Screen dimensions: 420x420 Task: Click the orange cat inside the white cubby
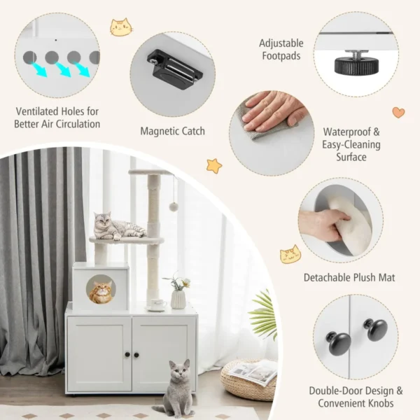click(x=101, y=290)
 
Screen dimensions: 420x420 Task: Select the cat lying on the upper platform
click(x=115, y=226)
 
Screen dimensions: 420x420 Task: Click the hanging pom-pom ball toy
click(x=173, y=206)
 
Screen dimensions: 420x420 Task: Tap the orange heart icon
click(x=398, y=112)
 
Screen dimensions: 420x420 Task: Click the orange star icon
click(x=213, y=166)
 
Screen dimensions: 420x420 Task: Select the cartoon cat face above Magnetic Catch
click(x=120, y=27)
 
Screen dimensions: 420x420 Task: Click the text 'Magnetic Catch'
click(x=172, y=130)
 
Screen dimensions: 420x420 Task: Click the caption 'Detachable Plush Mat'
click(x=349, y=278)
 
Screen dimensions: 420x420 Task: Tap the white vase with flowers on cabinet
click(x=178, y=297)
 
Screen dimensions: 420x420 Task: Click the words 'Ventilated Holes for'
click(x=57, y=111)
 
